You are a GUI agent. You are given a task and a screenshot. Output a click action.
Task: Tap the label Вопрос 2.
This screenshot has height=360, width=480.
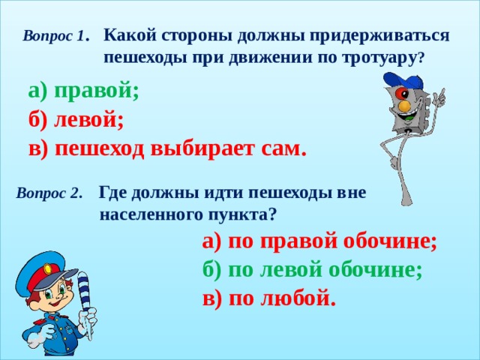point(49,193)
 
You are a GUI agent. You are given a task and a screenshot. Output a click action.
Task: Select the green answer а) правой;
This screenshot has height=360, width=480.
point(83,91)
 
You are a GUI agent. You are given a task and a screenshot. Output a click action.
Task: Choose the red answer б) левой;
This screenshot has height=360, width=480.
point(76,119)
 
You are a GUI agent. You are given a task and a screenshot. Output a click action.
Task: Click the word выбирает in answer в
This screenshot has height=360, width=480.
point(202,149)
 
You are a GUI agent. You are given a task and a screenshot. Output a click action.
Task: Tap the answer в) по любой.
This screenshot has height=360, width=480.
point(269,298)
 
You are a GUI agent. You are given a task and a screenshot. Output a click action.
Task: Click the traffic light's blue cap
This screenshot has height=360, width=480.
point(403,80)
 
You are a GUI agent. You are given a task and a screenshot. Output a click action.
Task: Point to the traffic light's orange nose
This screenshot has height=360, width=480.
point(405,105)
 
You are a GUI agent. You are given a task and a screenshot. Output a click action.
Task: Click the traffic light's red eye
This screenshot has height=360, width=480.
point(401,92)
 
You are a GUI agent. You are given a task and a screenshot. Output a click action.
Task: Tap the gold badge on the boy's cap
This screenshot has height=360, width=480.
point(48,268)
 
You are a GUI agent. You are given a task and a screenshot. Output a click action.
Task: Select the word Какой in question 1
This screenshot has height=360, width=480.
point(129,36)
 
